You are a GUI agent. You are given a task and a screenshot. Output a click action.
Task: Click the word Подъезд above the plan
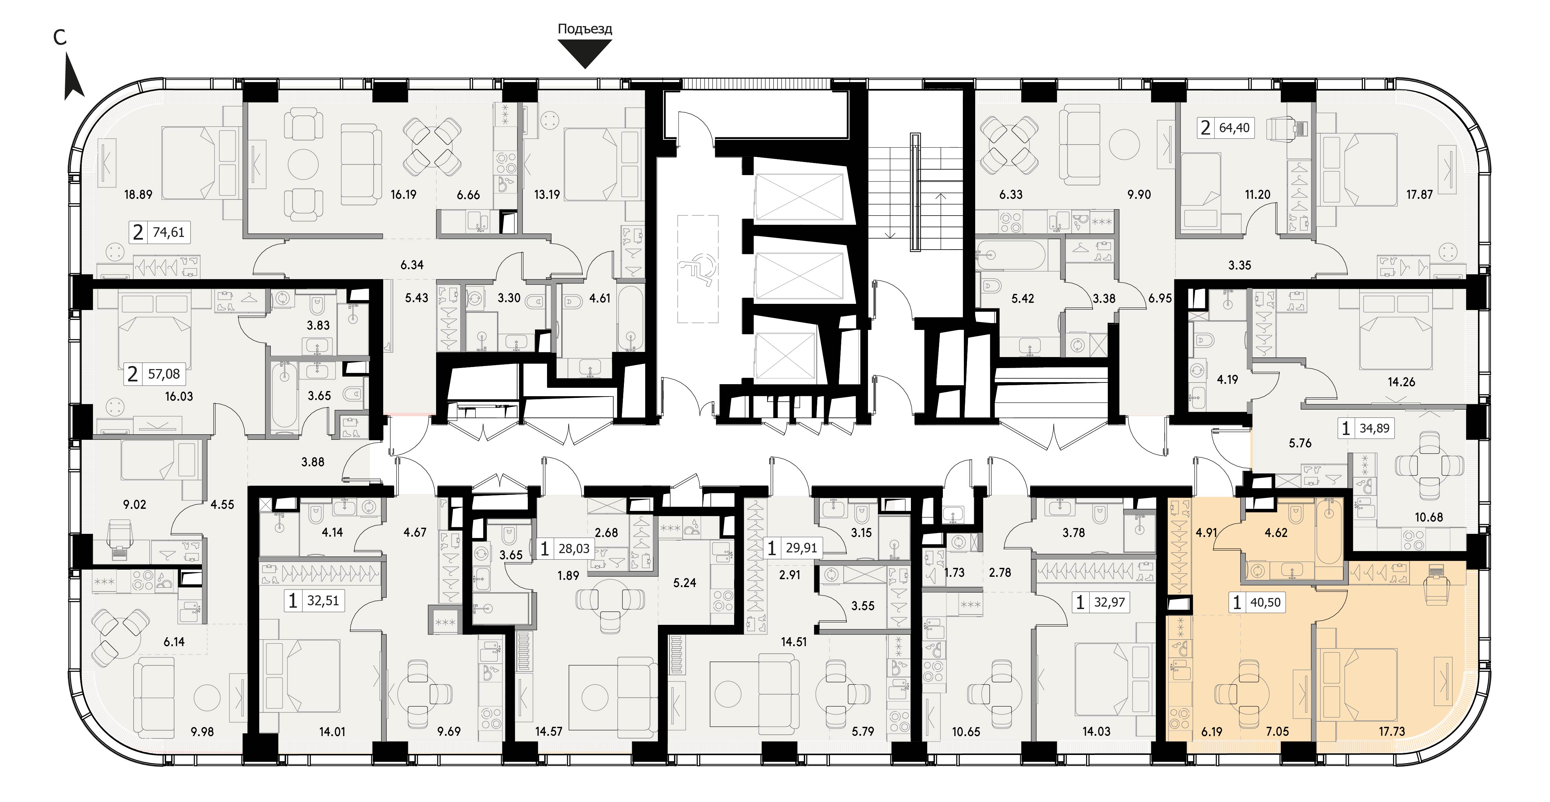[585, 29]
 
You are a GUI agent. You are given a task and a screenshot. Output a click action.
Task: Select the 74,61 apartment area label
[169, 232]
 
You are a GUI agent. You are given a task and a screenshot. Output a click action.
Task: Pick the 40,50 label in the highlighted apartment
[1265, 602]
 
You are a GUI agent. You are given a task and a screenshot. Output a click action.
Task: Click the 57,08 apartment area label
[164, 374]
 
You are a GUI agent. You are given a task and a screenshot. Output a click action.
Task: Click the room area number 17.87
[1420, 194]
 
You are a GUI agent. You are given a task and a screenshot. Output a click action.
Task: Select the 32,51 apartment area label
[323, 600]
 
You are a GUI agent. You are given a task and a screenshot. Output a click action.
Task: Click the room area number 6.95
[1160, 298]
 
